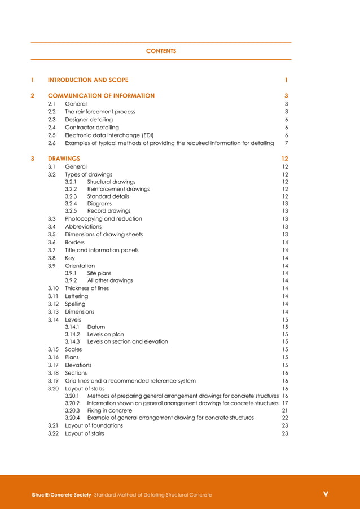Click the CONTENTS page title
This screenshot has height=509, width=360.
[x=161, y=51]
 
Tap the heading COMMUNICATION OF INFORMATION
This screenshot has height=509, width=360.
[x=101, y=96]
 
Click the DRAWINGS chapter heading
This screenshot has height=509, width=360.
[x=64, y=159]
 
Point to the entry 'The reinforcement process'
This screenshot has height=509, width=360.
[x=100, y=112]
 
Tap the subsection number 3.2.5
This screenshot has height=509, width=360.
[x=71, y=211]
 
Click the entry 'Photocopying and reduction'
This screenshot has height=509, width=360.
[x=103, y=219]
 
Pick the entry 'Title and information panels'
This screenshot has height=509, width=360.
[x=102, y=250]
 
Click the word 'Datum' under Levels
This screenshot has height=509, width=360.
[x=96, y=327]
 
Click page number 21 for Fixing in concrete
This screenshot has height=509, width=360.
[x=285, y=410]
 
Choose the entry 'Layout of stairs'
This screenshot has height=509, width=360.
[x=84, y=433]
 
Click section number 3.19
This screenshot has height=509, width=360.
[x=53, y=381]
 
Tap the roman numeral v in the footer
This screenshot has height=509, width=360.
[x=326, y=494]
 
